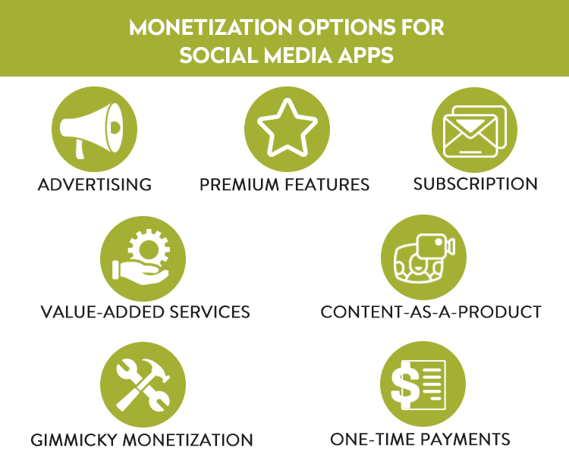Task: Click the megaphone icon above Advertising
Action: click(x=91, y=130)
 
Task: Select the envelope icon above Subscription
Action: click(x=475, y=132)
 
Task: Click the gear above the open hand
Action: click(x=149, y=249)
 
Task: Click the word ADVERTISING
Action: click(x=95, y=185)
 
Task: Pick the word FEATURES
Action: click(x=327, y=185)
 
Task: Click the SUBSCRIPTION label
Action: click(x=476, y=184)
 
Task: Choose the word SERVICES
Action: click(x=209, y=312)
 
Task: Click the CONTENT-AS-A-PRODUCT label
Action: click(x=431, y=312)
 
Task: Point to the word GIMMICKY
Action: click(x=74, y=440)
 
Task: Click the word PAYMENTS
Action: click(x=465, y=439)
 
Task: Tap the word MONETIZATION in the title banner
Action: click(x=210, y=27)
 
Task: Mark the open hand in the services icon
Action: click(x=140, y=272)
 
